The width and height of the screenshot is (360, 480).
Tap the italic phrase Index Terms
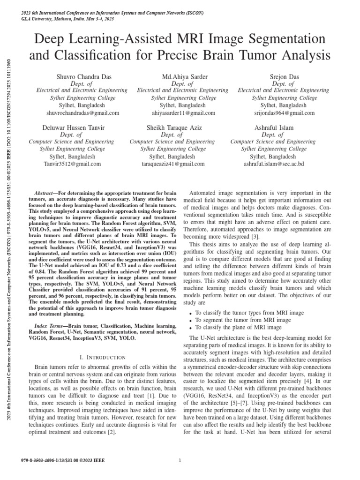pos(50,325)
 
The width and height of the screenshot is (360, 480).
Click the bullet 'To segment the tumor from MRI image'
pos(242,320)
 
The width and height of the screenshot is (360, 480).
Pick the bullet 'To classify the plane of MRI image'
pos(239,327)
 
